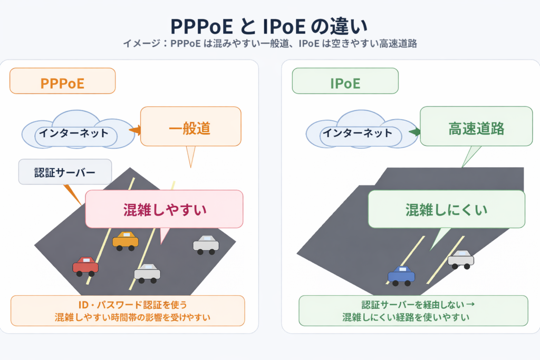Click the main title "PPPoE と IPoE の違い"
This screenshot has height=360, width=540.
[269, 26]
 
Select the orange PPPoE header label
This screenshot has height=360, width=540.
[62, 83]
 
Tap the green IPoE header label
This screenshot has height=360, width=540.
[345, 83]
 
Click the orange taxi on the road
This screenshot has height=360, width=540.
[125, 241]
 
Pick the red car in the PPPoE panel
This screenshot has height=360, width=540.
[85, 266]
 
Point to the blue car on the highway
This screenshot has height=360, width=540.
[401, 275]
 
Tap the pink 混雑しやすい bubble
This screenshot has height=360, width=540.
[164, 209]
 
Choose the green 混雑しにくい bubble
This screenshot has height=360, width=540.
[446, 209]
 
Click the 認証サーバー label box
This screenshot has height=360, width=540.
[65, 172]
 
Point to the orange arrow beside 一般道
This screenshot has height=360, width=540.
[135, 130]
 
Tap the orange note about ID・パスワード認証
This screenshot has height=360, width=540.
[128, 311]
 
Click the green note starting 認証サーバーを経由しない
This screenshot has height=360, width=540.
[413, 311]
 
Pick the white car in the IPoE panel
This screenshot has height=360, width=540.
[460, 259]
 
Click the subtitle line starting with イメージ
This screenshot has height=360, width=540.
[269, 44]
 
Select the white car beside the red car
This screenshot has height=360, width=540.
[147, 273]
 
